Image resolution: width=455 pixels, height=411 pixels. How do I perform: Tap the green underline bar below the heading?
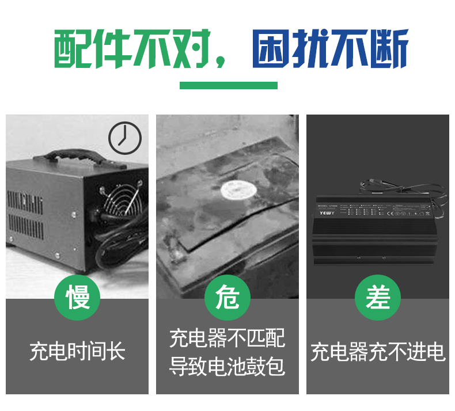click(x=228, y=85)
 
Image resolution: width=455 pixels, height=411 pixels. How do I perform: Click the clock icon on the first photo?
click(x=125, y=139)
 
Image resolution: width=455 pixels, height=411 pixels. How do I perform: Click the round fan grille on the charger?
click(x=120, y=199)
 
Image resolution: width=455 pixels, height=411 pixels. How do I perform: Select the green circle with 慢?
click(x=77, y=298)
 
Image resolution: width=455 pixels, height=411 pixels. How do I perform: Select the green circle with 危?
click(x=227, y=298)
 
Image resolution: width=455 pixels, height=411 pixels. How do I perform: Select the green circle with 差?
click(x=378, y=298)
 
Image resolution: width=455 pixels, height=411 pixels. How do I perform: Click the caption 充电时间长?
click(x=77, y=351)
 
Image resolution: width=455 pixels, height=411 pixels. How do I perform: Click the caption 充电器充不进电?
click(x=378, y=352)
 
